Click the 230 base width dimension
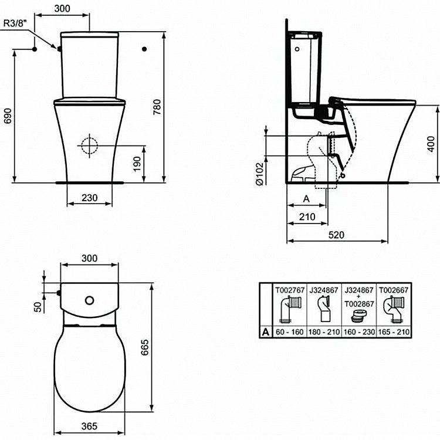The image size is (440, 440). pos(89,198)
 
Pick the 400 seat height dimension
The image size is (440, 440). pos(431,143)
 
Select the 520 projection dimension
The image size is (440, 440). pos(336,235)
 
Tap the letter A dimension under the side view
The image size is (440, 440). pos(306,199)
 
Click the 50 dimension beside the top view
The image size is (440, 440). pos(38,307)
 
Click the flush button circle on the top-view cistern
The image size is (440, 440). pos(89,300)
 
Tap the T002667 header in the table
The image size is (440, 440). pos(394,290)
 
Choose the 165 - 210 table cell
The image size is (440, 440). pos(394,332)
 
